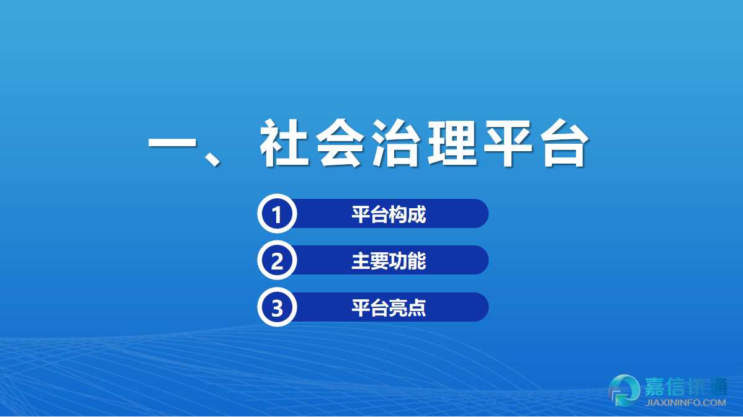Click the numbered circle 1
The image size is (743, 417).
(x=277, y=214)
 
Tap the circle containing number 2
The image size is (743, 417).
(x=277, y=260)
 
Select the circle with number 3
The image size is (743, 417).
(x=277, y=307)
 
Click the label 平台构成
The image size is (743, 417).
(x=389, y=214)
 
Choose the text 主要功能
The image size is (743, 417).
(x=389, y=260)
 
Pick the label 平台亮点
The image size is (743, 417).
(x=389, y=307)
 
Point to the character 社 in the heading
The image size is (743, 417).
(x=284, y=143)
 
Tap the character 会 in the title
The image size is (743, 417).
(x=340, y=143)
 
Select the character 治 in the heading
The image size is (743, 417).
(x=396, y=143)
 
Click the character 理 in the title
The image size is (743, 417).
(x=452, y=143)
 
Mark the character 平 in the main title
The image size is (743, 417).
(x=508, y=143)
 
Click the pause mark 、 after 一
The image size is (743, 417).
(x=212, y=157)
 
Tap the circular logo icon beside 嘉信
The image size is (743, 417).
(x=624, y=390)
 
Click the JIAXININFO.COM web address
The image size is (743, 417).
(x=685, y=403)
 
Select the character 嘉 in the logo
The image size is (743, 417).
(x=656, y=387)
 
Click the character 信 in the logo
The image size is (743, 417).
(x=678, y=387)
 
